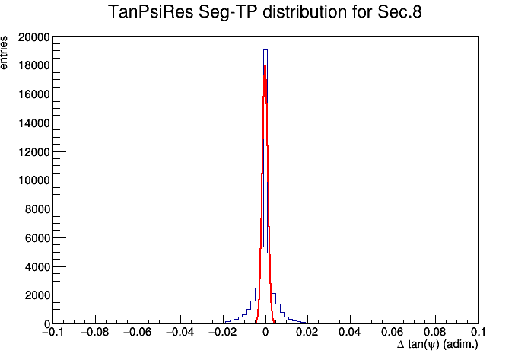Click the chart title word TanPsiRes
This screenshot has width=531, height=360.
click(x=151, y=12)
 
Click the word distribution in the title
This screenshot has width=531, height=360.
click(x=305, y=12)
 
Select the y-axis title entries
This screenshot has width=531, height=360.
click(x=4, y=53)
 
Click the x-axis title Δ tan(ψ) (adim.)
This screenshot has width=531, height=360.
click(x=437, y=345)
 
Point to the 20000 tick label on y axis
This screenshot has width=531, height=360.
click(x=34, y=37)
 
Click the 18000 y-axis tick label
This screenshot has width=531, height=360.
click(x=34, y=65)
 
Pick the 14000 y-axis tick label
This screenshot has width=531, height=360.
click(x=34, y=123)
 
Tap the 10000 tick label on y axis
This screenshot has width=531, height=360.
click(x=34, y=180)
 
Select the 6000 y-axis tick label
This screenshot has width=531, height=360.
click(x=37, y=237)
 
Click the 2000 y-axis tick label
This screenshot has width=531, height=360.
click(x=37, y=295)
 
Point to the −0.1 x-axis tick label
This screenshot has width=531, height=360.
click(x=52, y=332)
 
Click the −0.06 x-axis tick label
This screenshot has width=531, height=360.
click(x=138, y=332)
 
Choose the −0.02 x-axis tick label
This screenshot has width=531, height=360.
click(x=223, y=332)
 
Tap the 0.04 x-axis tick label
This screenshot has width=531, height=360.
click(x=351, y=332)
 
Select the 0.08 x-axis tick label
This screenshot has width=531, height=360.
click(x=435, y=332)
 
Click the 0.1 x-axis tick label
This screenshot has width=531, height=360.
click(x=479, y=332)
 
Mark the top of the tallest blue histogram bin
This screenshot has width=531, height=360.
click(x=265, y=50)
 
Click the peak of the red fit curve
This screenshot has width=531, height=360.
click(x=265, y=65)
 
